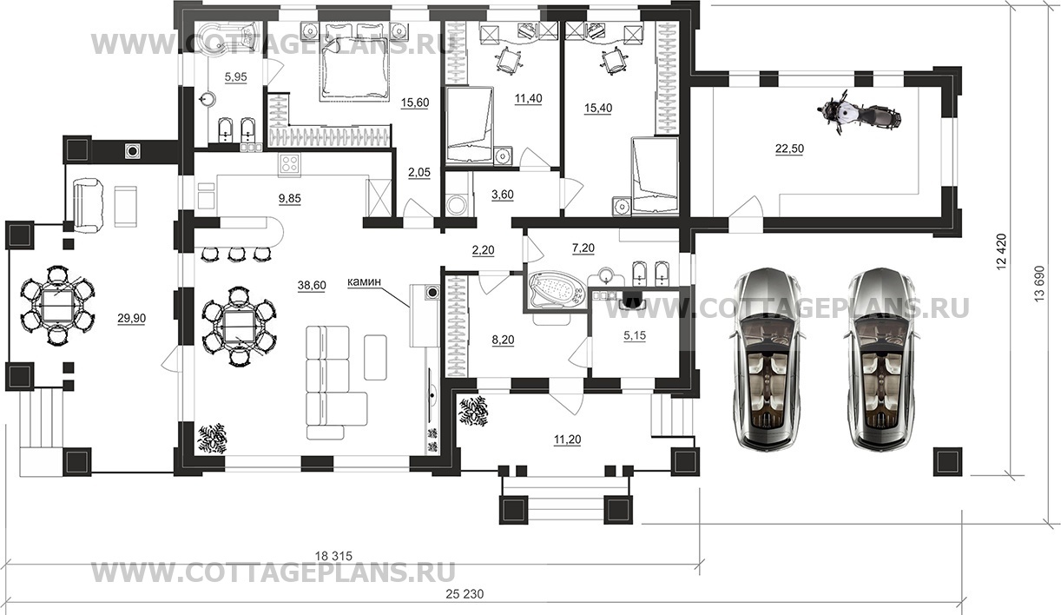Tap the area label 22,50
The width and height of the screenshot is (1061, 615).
[x=789, y=149]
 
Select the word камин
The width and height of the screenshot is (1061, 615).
[x=364, y=282]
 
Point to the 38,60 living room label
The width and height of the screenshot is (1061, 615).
[x=312, y=285]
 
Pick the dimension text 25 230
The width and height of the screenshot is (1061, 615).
[x=465, y=593]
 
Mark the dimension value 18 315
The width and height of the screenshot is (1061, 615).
[x=334, y=555]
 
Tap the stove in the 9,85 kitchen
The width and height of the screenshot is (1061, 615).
[x=289, y=164]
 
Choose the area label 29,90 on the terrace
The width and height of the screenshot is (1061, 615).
[x=132, y=319]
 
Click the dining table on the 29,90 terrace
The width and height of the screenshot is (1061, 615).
[x=57, y=304]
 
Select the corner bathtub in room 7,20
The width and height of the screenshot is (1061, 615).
[x=557, y=289]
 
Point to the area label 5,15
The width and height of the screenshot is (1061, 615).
[x=635, y=335]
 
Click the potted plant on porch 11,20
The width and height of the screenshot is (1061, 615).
[x=473, y=411]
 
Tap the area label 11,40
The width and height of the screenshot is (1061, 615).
[x=528, y=98]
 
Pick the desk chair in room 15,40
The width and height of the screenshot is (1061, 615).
[x=615, y=62]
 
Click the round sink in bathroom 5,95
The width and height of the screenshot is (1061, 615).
[x=207, y=100]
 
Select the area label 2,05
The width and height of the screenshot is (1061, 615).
[x=419, y=173]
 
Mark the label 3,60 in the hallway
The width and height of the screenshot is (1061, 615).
[x=503, y=195]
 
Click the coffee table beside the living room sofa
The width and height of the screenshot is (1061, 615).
[x=375, y=357]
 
